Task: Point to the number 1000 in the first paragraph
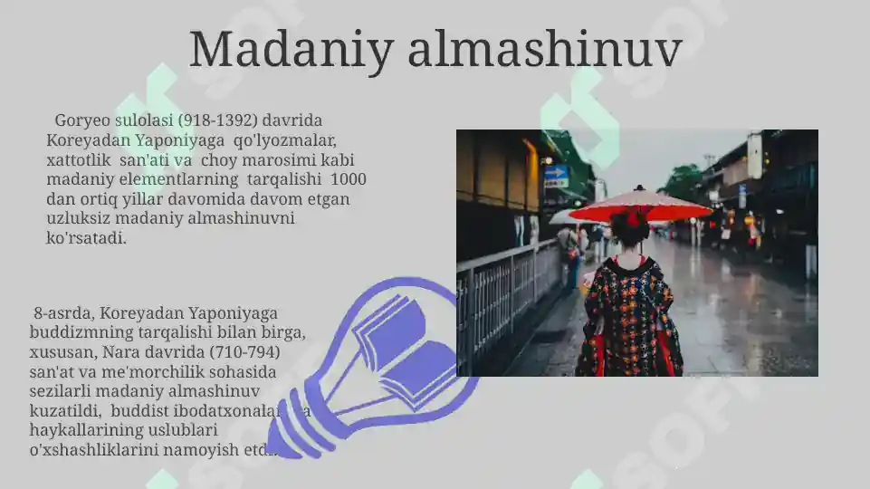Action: (x=349, y=179)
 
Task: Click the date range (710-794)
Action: (x=244, y=351)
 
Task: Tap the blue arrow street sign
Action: (x=555, y=172)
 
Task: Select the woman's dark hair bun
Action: (x=630, y=227)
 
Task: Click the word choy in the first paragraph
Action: (x=232, y=159)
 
